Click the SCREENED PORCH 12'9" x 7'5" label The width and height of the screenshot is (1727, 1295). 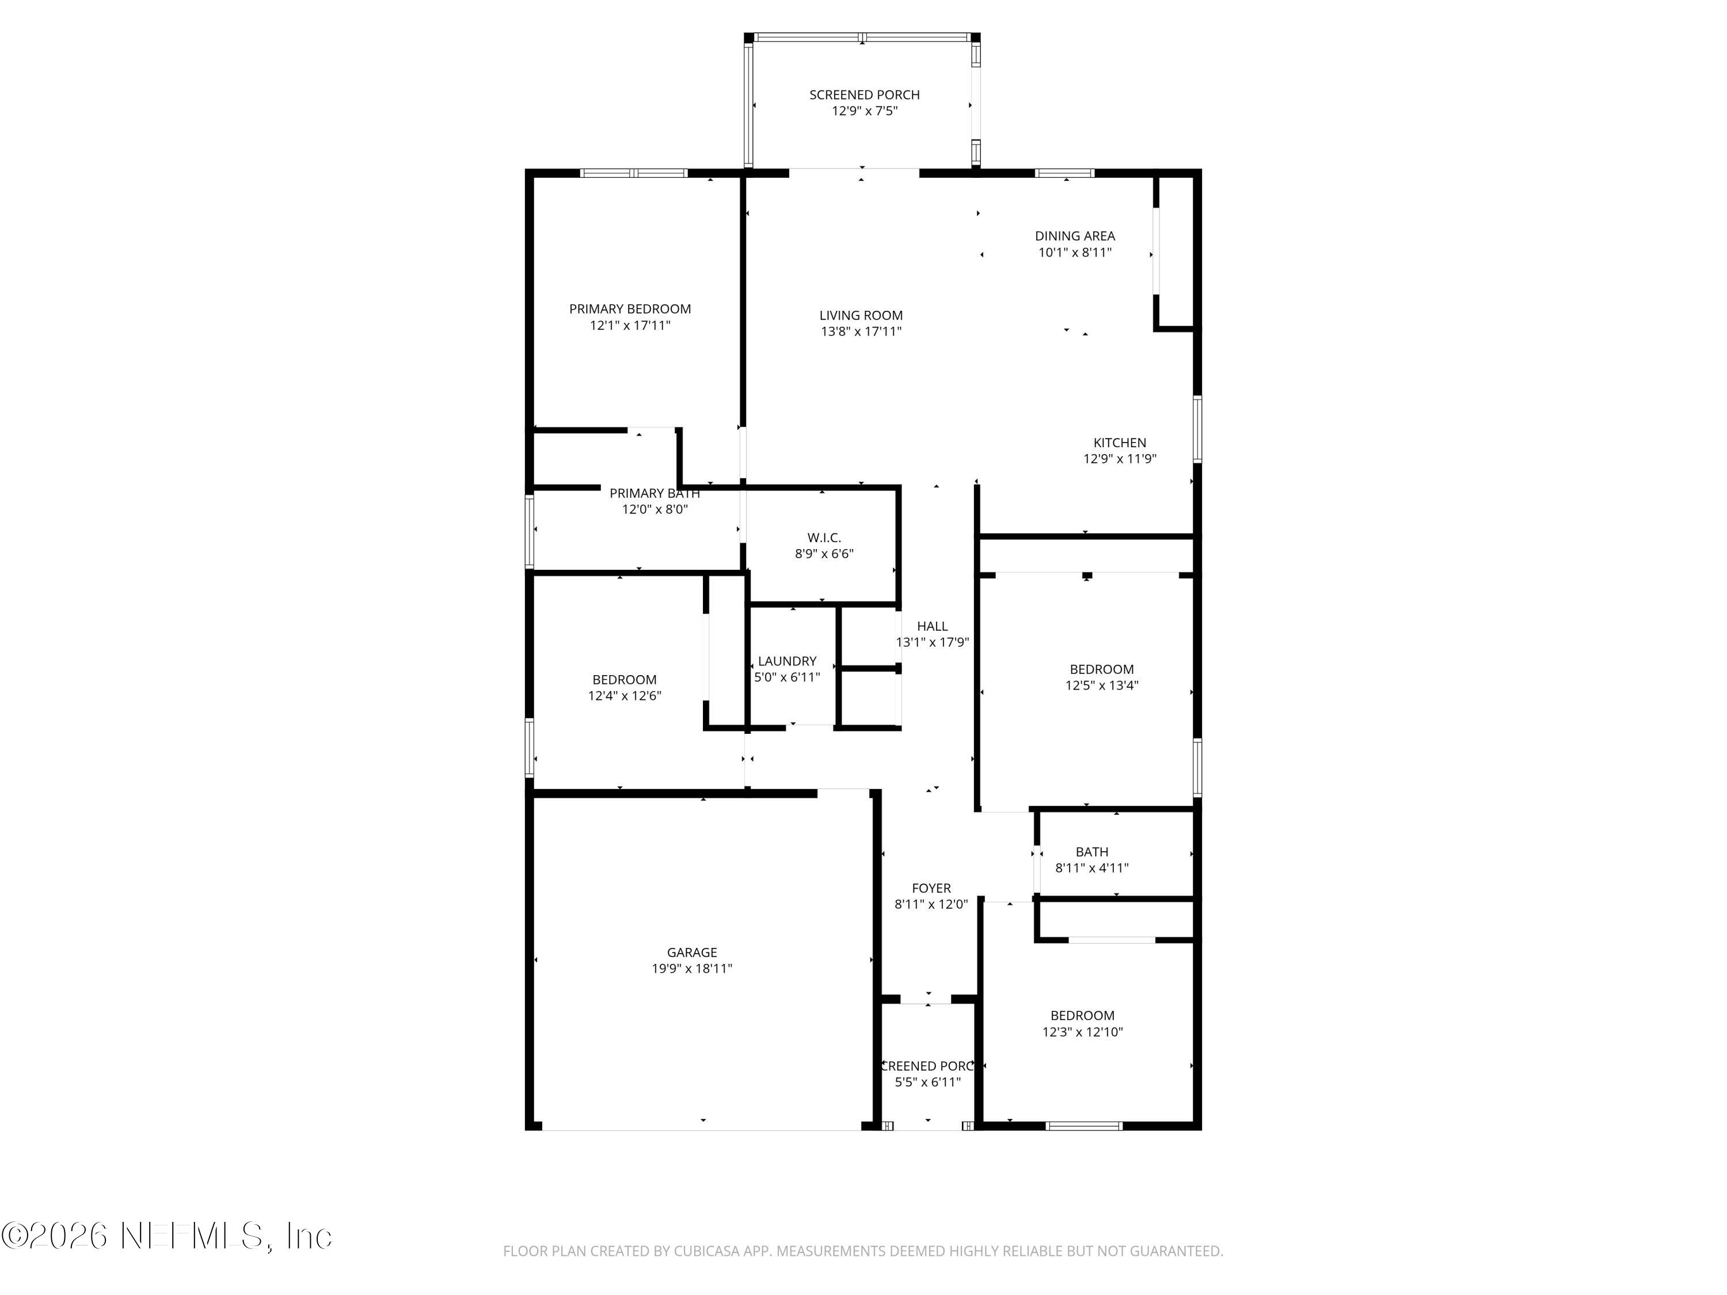(864, 102)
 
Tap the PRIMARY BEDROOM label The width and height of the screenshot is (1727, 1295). (630, 309)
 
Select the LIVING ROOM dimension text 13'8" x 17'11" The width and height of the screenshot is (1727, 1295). (861, 332)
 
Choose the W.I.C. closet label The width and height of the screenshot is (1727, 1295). (824, 538)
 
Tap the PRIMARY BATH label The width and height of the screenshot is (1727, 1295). (655, 493)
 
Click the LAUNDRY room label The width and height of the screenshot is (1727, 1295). (787, 661)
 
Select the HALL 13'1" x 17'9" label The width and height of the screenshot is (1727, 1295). (932, 634)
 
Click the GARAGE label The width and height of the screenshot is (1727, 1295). (692, 953)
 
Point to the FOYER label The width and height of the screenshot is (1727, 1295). (931, 888)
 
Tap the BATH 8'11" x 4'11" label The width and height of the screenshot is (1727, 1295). (1091, 859)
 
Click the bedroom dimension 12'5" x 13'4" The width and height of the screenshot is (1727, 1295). (1102, 686)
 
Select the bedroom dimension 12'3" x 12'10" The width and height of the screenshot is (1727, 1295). (1082, 1032)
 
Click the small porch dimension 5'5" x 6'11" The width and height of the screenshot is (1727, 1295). (927, 1082)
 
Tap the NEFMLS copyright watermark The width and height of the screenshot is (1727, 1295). (166, 1236)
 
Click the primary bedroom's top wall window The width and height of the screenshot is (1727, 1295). (633, 173)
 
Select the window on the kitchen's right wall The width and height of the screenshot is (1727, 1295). (1197, 429)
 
